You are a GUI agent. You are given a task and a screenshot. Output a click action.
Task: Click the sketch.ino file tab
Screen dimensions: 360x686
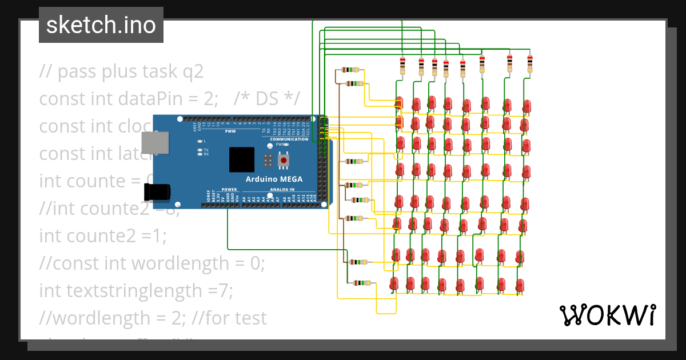[x=101, y=25]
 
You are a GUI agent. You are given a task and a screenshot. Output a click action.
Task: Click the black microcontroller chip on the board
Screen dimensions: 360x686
[x=242, y=159]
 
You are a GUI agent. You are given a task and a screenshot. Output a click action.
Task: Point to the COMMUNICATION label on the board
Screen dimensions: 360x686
[x=289, y=139]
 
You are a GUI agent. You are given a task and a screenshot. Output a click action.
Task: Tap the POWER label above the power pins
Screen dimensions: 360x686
[x=229, y=189]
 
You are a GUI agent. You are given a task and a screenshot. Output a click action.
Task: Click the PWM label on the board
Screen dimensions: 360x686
[x=230, y=131]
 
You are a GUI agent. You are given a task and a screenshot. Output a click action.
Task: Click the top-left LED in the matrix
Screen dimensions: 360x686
[x=400, y=103]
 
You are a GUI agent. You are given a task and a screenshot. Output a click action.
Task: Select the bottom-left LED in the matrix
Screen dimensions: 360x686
[x=394, y=282]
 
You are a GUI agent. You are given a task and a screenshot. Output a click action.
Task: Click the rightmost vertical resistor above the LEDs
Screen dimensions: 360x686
[x=529, y=63]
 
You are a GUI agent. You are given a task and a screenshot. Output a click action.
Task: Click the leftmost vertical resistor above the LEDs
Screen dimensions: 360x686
[x=402, y=65]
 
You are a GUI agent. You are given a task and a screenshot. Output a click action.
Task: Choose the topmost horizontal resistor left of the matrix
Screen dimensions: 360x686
[x=350, y=70]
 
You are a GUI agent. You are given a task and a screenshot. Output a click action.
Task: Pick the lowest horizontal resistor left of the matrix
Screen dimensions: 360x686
[x=361, y=283]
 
